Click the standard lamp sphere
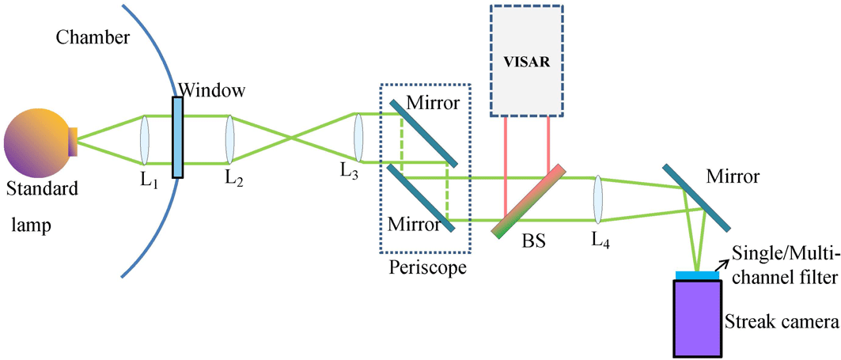36,142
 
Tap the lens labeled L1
144,140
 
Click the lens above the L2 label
229,140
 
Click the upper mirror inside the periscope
422,132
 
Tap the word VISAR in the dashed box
525,59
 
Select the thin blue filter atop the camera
697,275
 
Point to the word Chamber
83,39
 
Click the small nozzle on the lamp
72,141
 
